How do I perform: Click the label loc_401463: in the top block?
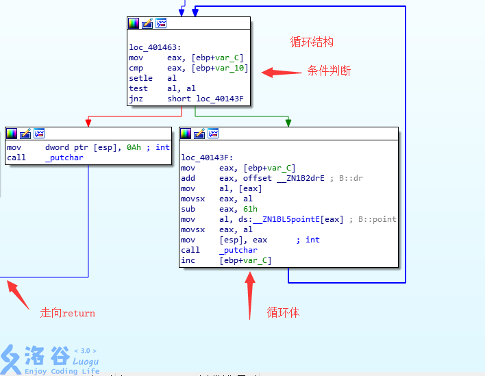155,48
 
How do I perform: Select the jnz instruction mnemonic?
136,99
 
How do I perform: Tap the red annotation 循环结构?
312,42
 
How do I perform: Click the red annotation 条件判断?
329,71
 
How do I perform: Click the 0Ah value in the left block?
134,147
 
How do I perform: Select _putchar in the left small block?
65,158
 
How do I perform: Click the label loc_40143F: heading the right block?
207,158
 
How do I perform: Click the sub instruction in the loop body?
188,209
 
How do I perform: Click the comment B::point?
375,219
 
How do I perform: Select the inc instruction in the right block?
188,260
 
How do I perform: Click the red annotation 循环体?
283,312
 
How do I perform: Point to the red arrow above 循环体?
250,294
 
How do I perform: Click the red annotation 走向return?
68,313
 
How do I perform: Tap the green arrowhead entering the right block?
288,123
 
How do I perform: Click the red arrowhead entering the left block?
88,123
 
